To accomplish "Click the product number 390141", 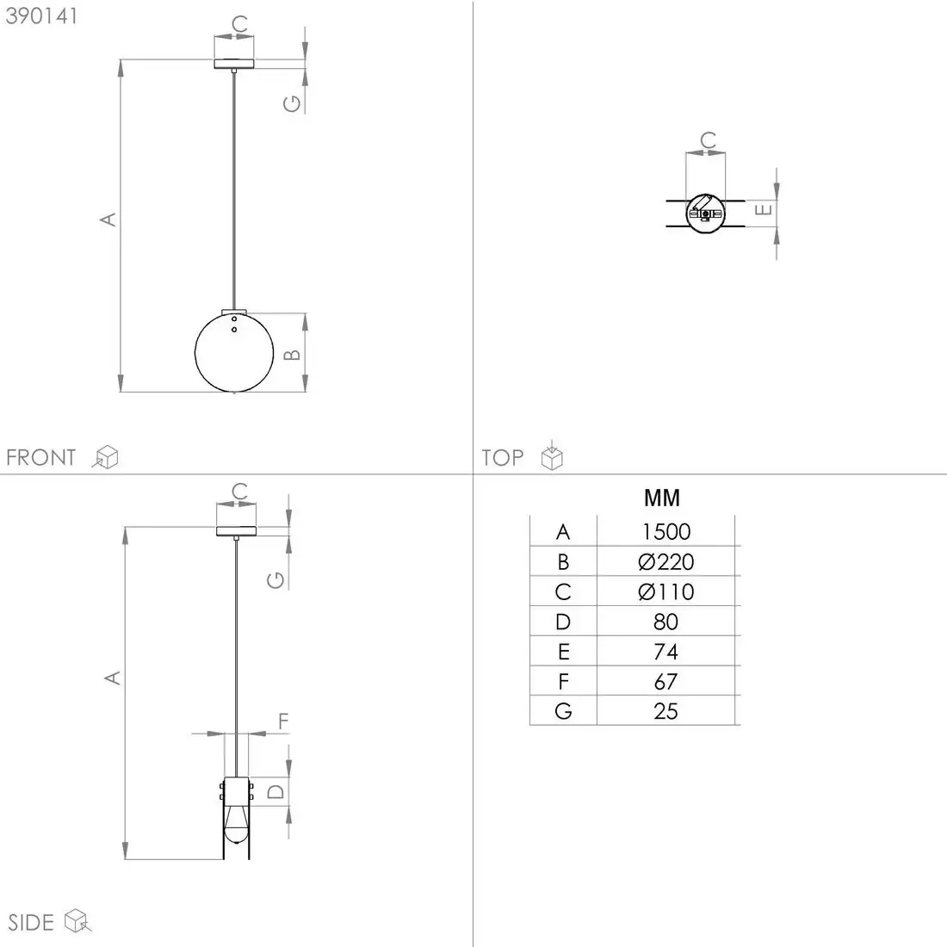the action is [x=41, y=16].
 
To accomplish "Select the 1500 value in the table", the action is [x=665, y=531].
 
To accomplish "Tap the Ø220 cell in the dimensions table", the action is [x=665, y=561].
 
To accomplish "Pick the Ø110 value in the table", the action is [x=665, y=592].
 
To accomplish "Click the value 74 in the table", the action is [x=665, y=652].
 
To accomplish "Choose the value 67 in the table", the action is [x=665, y=682].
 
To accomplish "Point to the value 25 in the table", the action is [x=665, y=711].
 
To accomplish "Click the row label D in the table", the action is [x=563, y=622].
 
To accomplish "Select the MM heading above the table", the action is [x=662, y=498].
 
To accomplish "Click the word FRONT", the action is [x=41, y=457].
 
